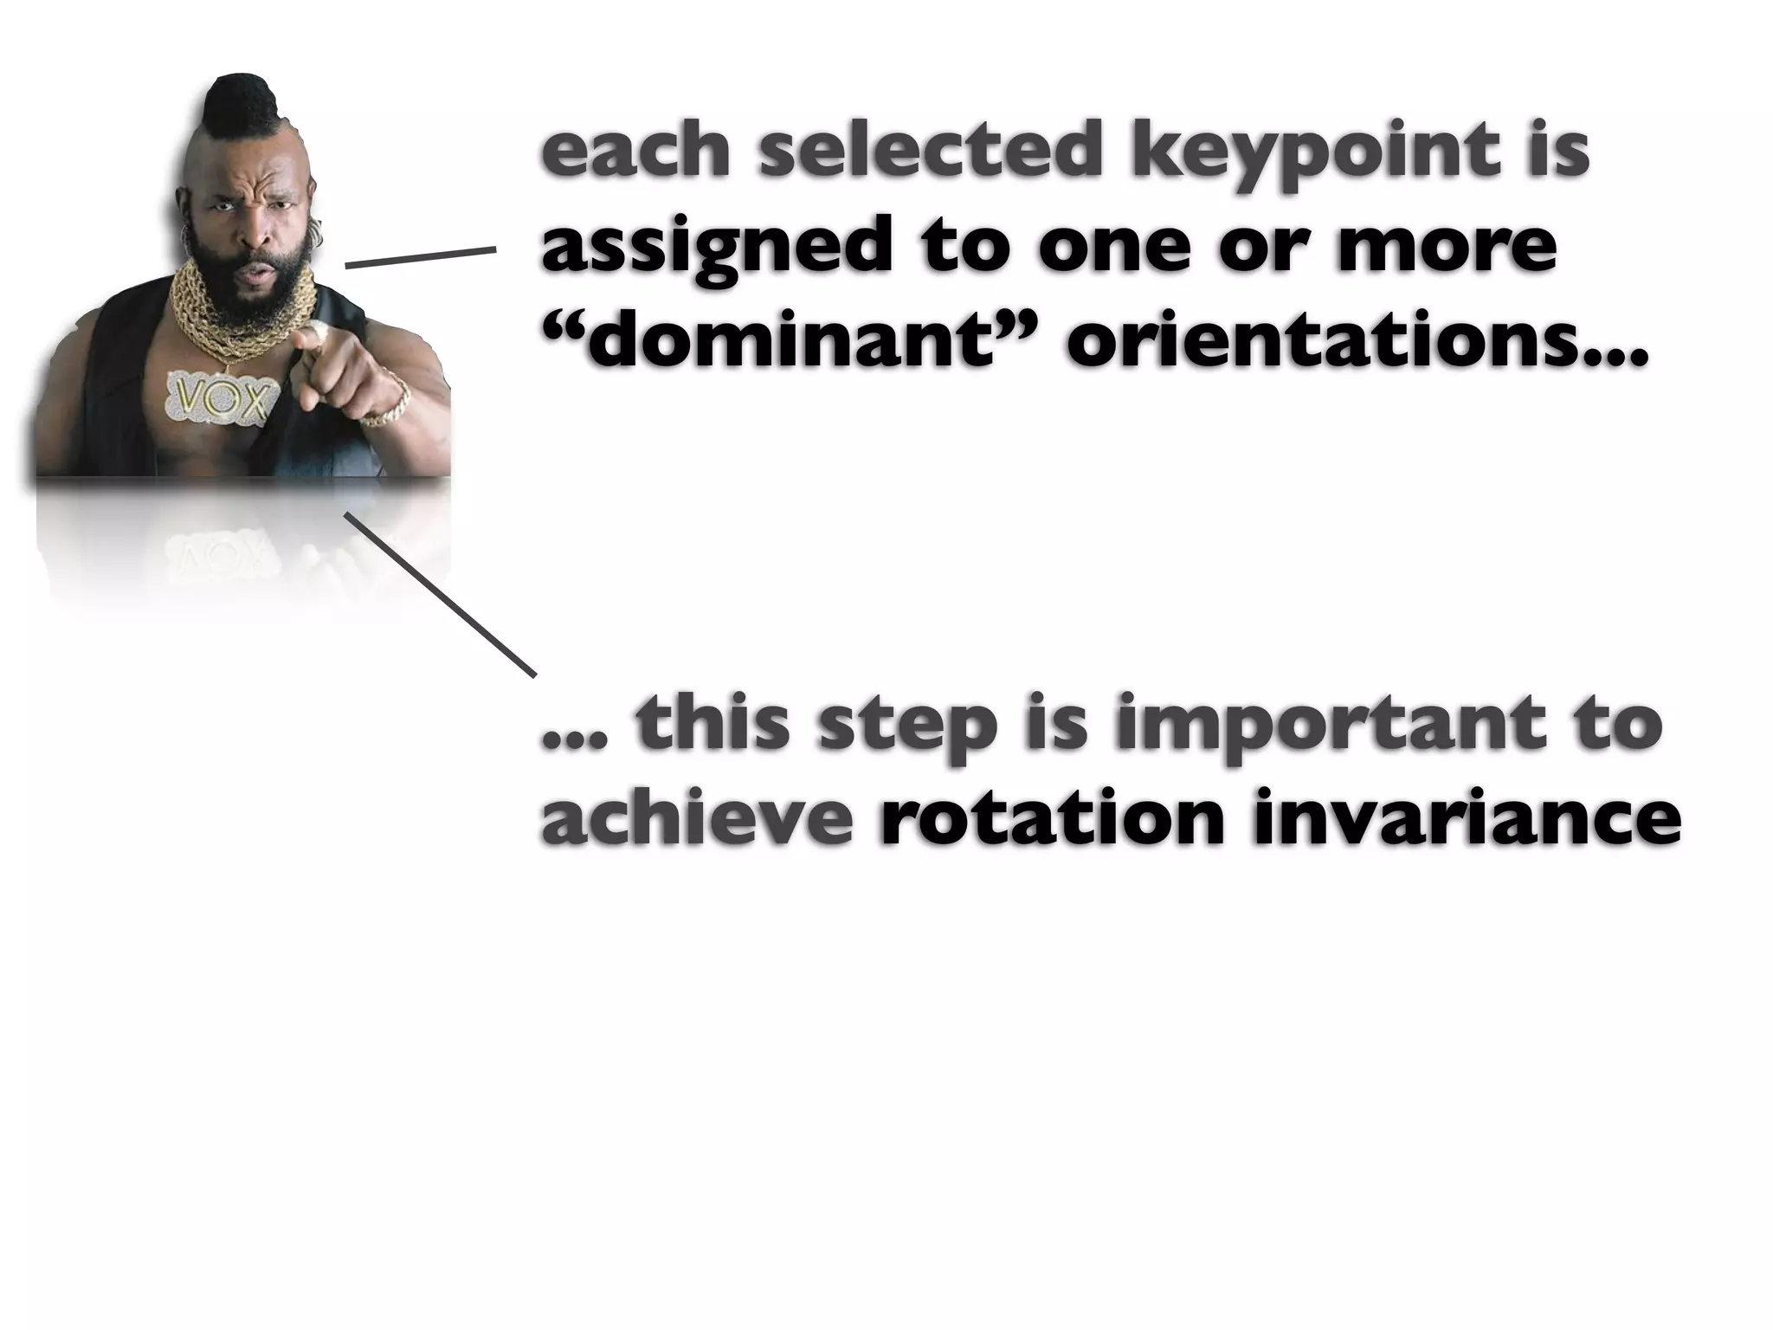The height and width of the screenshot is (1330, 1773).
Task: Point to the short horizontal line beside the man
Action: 420,257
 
